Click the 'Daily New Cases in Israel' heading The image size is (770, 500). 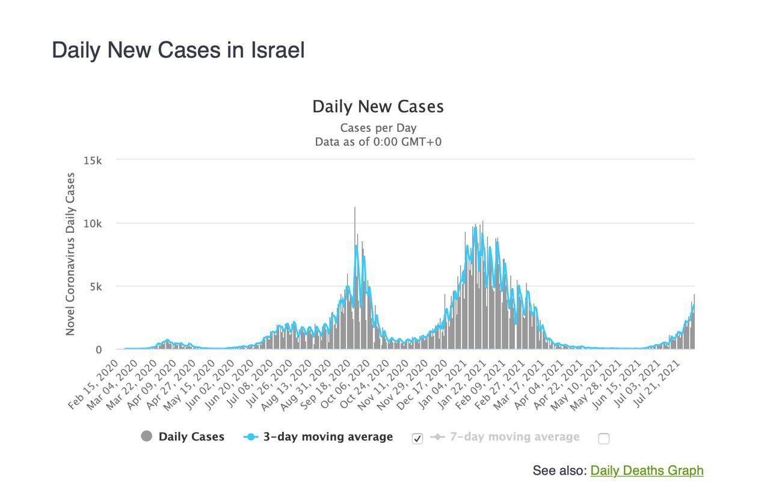tap(178, 51)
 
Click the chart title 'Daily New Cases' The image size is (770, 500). tap(378, 106)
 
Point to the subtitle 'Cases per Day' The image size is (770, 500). tap(378, 128)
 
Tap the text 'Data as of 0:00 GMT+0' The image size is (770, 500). tap(378, 141)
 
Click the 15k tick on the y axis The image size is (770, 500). tap(93, 161)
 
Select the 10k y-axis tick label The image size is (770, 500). tap(93, 224)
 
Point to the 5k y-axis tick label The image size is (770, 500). tap(96, 287)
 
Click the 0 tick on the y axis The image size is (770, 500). tap(99, 350)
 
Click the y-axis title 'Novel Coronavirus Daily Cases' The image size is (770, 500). tap(70, 254)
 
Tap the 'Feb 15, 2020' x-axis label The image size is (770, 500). tap(93, 385)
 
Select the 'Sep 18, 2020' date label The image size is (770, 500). tap(325, 385)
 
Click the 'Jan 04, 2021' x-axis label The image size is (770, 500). tap(442, 385)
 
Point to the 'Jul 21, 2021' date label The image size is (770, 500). tap(656, 385)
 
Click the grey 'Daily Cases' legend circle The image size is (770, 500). tap(146, 436)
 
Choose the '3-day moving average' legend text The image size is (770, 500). tap(328, 437)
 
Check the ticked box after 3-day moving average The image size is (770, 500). tap(417, 439)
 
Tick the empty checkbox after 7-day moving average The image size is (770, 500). tap(603, 439)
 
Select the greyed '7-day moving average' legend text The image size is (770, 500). tap(514, 437)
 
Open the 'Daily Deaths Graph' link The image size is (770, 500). tap(647, 471)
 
